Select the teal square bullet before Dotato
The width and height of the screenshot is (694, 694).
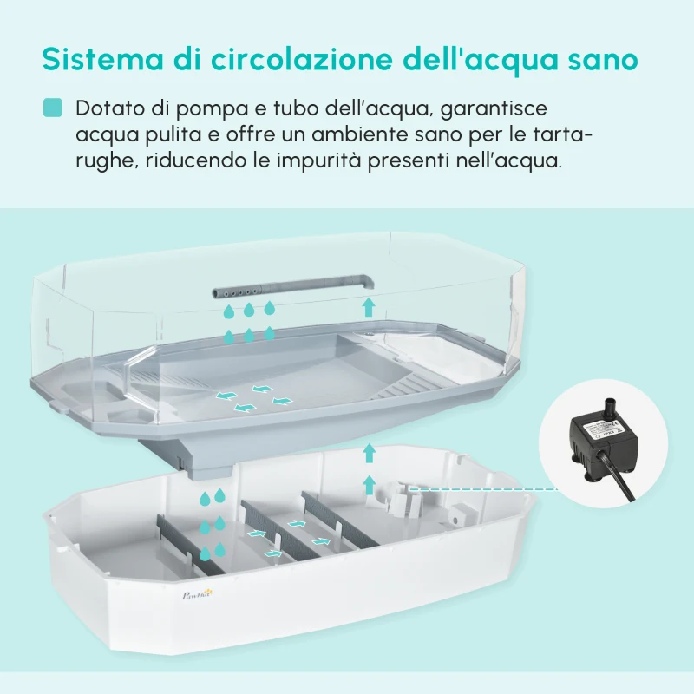(x=53, y=108)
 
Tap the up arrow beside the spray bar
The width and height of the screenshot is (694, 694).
(x=369, y=304)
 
